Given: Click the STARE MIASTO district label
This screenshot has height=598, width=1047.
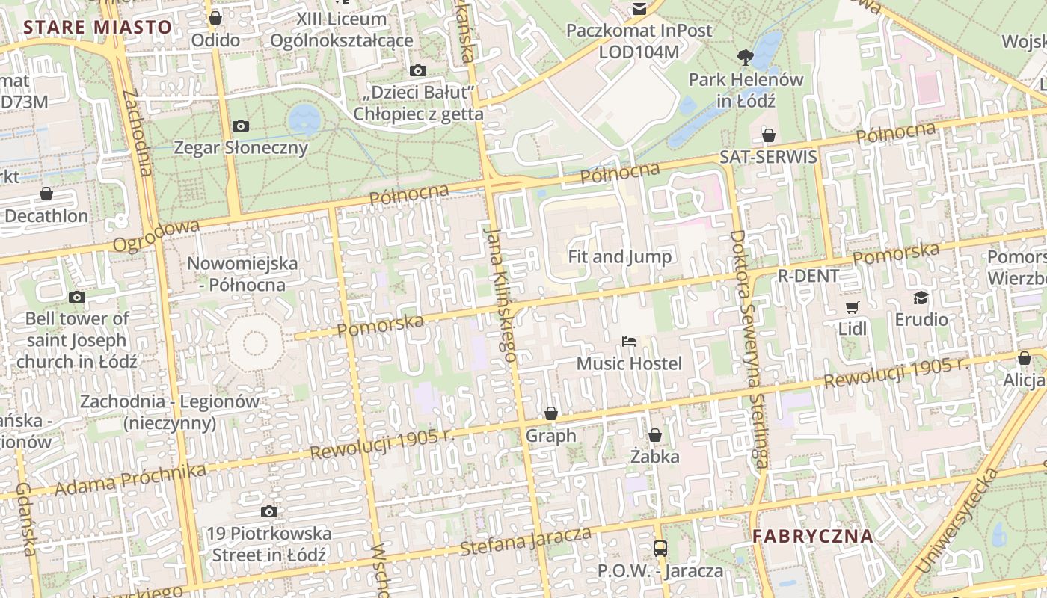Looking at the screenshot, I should pos(98,28).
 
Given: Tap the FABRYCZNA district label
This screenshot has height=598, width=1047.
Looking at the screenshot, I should pos(813,536).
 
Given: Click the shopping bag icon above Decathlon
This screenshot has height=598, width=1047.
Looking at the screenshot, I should pos(46,194).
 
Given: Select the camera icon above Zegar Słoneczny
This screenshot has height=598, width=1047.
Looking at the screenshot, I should pos(240,126).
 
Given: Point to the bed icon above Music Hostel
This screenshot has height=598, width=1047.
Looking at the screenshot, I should pos(629,342).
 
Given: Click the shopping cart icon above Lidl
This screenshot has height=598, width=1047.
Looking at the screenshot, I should pos(852,307).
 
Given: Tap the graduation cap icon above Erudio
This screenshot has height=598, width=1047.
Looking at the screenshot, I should pos(921,298).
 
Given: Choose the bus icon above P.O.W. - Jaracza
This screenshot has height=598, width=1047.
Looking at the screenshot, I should pos(660,549).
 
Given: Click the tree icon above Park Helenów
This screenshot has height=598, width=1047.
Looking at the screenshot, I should pos(745,57).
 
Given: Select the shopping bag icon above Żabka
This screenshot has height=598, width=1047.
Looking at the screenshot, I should pos(655,435).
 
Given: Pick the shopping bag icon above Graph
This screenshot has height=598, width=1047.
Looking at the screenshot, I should pos(551,413).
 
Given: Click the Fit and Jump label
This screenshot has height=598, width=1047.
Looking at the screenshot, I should pos(620,256).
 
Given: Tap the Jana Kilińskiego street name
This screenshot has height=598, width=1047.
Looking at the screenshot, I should pos(500,295).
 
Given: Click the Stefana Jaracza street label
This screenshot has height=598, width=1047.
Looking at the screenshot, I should pos(525,541).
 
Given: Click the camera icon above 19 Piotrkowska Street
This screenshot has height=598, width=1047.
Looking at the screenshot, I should pos(269,512).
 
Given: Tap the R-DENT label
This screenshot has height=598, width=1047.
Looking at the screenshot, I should pos(808,275).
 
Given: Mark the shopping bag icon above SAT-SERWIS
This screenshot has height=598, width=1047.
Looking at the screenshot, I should pos(768,135).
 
